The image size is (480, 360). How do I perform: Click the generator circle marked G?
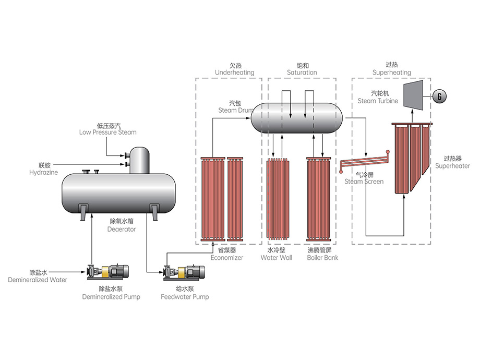coord(440,97)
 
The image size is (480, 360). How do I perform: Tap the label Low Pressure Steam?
coord(108,133)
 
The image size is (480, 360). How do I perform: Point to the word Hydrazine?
coord(43,172)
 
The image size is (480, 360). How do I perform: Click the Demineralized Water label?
coord(38,280)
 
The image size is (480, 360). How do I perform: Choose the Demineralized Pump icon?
coord(109,272)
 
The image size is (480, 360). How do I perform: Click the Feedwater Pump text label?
coord(185,297)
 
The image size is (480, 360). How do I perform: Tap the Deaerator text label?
coord(122,229)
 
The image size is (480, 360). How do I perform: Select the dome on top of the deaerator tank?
coord(139,159)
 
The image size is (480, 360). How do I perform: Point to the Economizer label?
coord(227,258)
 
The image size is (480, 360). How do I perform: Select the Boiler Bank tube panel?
coord(320,198)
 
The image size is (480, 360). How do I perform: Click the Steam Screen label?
coord(364,182)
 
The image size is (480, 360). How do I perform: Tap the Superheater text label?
coord(452,166)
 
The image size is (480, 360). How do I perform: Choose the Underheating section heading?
coord(235,73)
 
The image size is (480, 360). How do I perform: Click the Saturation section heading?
coord(302,73)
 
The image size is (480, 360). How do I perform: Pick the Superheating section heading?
coord(392,73)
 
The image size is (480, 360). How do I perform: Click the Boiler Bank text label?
coord(322,258)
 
